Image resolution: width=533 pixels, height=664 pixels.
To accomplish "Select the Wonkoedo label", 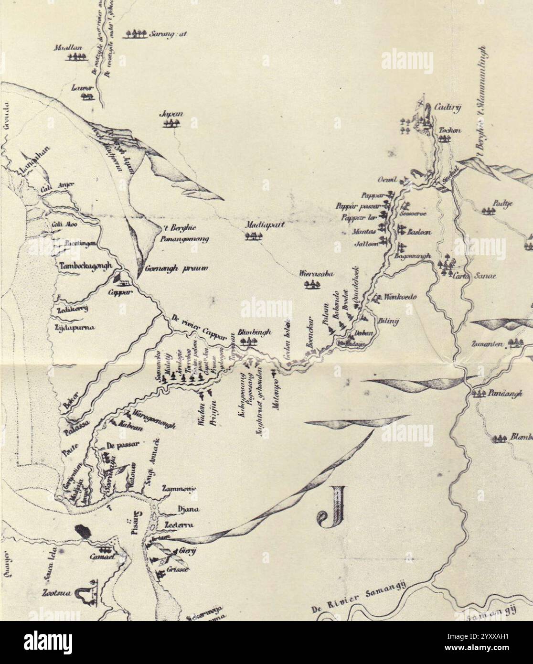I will tap(401, 297).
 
